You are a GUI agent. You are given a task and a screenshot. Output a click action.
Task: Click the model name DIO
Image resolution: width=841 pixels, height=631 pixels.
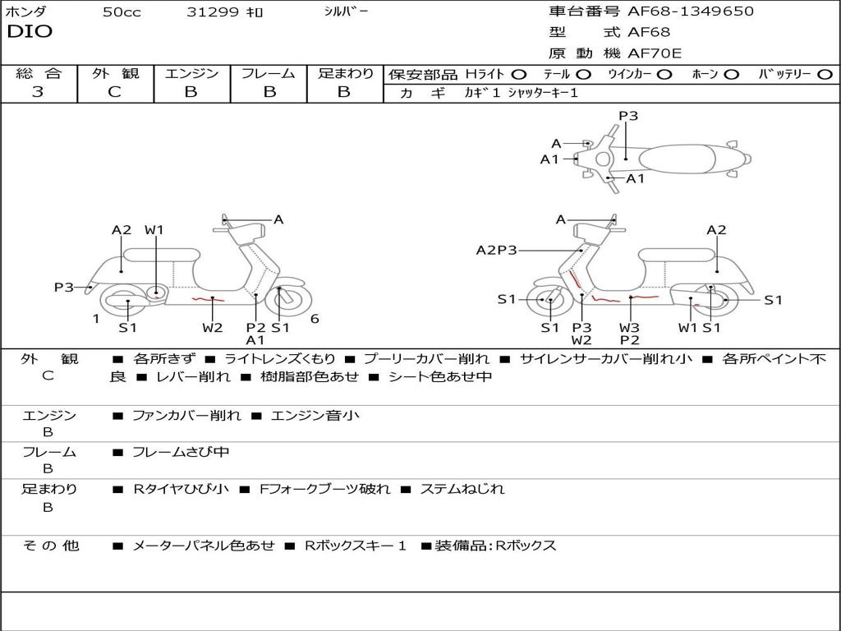tap(30, 32)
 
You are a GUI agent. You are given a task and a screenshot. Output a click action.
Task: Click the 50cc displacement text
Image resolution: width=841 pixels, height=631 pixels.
tap(122, 12)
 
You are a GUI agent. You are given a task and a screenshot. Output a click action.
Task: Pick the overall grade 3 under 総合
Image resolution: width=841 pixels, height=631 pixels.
tap(38, 92)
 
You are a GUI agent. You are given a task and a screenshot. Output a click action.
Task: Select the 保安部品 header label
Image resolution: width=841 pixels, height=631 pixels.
tap(421, 74)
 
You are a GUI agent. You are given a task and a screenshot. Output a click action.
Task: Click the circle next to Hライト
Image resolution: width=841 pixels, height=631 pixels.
tap(519, 74)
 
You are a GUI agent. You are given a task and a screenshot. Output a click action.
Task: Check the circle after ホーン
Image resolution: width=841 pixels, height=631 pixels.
tap(731, 74)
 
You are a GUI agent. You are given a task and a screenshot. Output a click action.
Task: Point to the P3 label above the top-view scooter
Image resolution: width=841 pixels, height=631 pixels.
tap(628, 116)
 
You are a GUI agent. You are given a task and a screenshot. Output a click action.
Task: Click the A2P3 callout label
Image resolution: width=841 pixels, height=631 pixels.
tap(496, 250)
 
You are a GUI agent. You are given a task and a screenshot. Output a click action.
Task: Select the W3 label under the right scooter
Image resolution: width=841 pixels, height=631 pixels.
tap(630, 327)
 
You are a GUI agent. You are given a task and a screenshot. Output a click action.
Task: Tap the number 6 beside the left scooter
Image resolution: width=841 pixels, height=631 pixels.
tap(315, 319)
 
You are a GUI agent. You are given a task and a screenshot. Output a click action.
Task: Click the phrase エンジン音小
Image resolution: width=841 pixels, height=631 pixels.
tap(315, 416)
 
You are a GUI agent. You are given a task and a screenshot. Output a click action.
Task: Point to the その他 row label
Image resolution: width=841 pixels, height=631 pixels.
tap(50, 546)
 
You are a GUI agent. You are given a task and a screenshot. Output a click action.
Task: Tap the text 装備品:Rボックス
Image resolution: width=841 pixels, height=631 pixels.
tap(495, 546)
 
